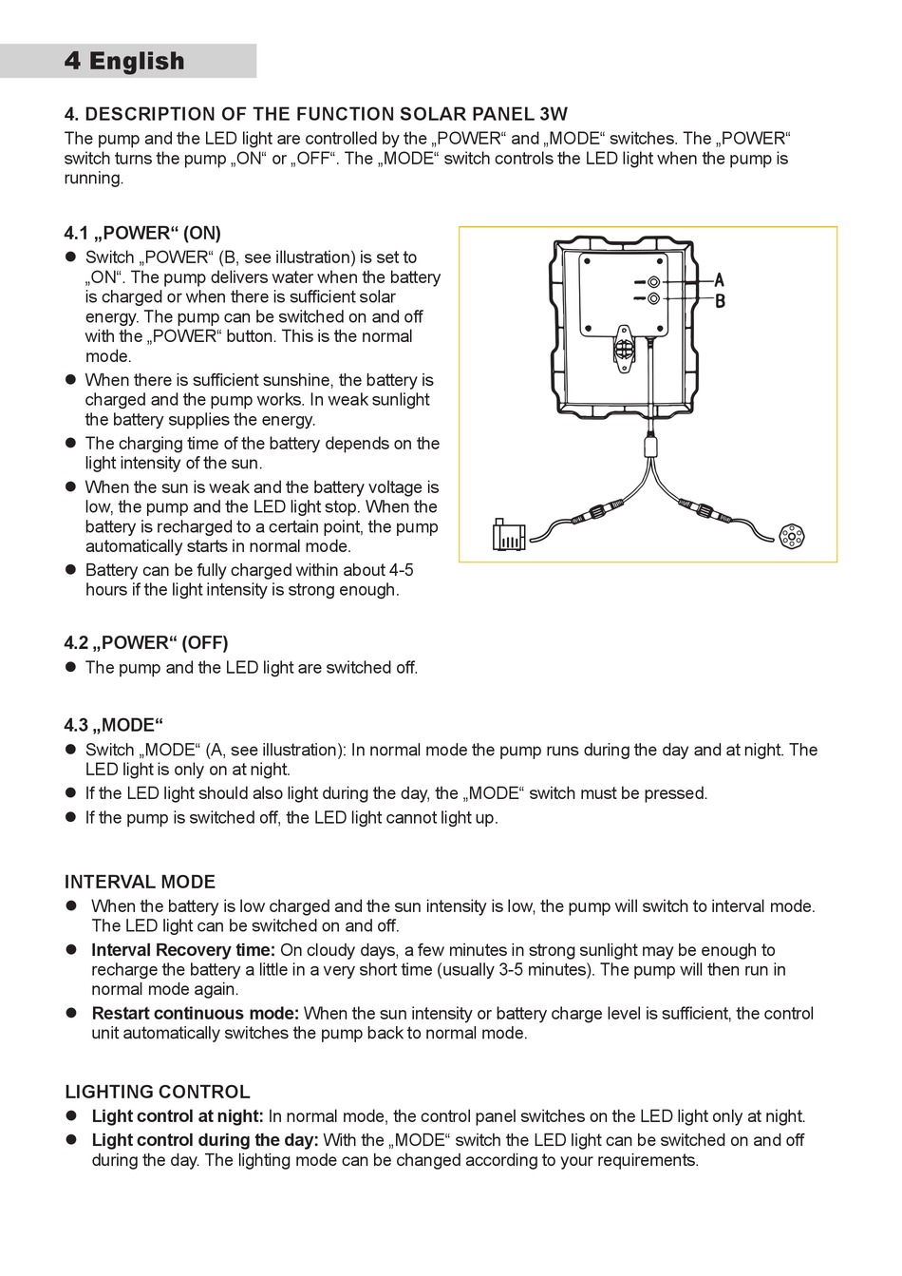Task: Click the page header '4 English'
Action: [x=124, y=61]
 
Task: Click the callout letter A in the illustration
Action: [x=720, y=280]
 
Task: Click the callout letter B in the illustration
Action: [x=720, y=301]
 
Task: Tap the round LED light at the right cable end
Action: [x=790, y=537]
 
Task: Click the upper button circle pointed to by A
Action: [x=653, y=282]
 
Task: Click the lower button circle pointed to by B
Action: [x=653, y=299]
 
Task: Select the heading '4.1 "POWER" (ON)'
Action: [x=142, y=233]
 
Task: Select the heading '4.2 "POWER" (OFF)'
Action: [x=146, y=643]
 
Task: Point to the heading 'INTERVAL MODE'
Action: [x=140, y=882]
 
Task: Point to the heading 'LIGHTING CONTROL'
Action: [x=158, y=1092]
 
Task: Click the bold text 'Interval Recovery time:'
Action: [x=183, y=950]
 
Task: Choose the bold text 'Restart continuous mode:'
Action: [x=195, y=1014]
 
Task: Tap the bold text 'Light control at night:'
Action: [x=178, y=1116]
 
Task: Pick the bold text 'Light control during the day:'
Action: [x=205, y=1140]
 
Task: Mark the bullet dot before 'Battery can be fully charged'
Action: [x=69, y=570]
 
